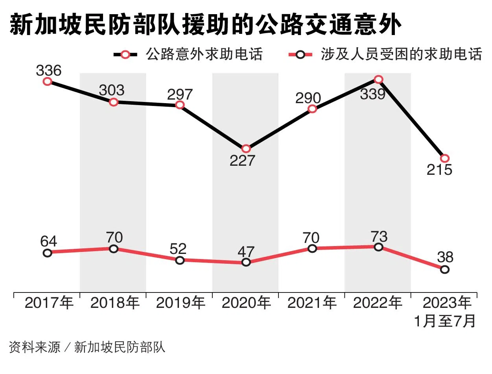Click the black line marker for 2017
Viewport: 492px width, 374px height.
click(x=48, y=81)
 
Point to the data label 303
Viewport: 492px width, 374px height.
click(x=111, y=90)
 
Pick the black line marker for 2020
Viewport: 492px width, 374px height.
click(x=246, y=149)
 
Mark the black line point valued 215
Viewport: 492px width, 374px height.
click(x=444, y=158)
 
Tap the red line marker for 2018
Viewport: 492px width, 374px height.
click(x=114, y=249)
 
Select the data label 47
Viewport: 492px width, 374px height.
click(x=246, y=251)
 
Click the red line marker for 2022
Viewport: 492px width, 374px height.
click(x=378, y=247)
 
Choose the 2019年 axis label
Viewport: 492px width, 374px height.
click(x=180, y=303)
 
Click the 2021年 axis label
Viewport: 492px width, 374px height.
click(x=312, y=303)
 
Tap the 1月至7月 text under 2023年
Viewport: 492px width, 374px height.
click(x=444, y=321)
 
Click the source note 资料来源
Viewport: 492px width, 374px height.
click(x=35, y=347)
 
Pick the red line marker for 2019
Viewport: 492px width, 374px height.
click(x=180, y=260)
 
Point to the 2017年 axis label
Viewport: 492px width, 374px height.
click(x=49, y=303)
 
